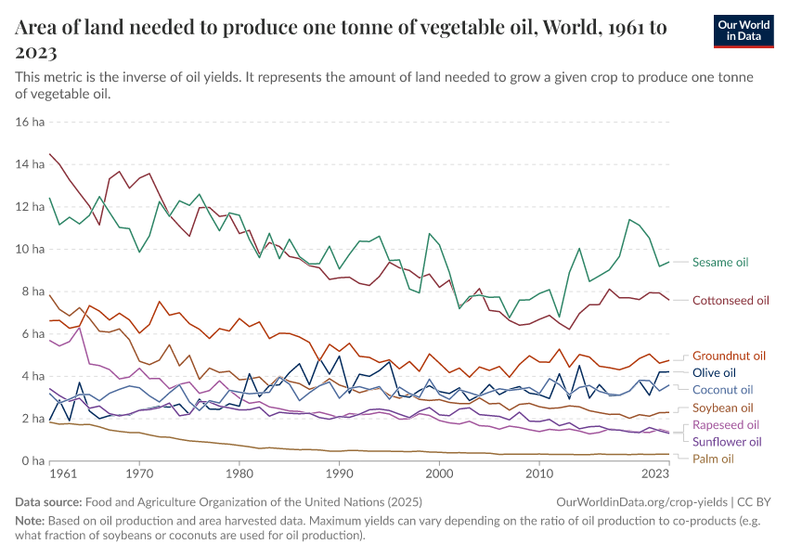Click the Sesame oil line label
pos(719,263)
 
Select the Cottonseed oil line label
pos(731,301)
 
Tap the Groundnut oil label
pos(729,356)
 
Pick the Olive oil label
pos(715,372)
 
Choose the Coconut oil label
pos(722,390)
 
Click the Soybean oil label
pos(722,408)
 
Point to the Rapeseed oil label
pos(726,425)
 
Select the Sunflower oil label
pos(727,442)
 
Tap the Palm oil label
pos(713,459)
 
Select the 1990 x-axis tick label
pos(340,473)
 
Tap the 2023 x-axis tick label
pos(655,473)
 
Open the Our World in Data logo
pos(744,31)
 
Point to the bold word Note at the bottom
pos(29,520)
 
